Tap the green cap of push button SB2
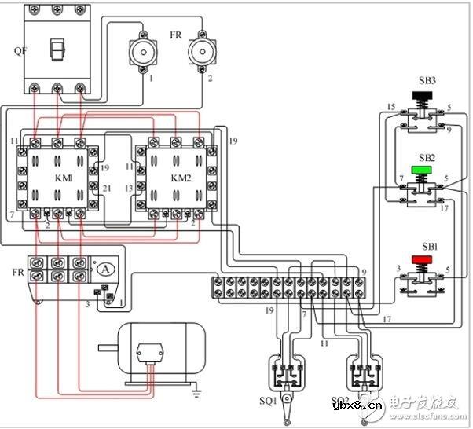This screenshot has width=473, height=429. pos(423,169)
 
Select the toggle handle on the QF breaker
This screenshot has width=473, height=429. pos(55,49)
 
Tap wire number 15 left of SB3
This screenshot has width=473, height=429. pos(390,107)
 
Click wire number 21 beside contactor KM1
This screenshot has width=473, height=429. pos(106,189)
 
